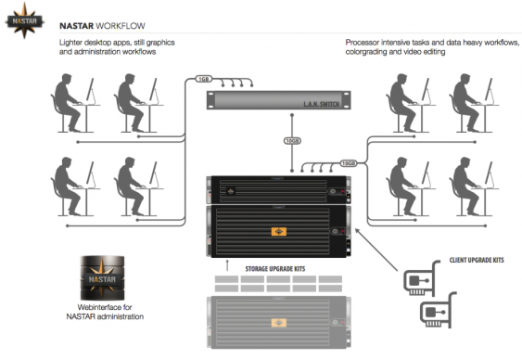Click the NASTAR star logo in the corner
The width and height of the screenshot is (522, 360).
coord(25,20)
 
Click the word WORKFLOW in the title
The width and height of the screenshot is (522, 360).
coord(121,26)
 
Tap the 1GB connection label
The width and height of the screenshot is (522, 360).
coord(203,79)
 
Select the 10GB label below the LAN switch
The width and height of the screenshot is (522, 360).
coord(292,141)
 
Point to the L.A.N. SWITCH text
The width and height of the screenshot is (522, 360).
coord(321,104)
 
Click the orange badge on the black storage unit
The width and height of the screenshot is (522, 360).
coord(279,231)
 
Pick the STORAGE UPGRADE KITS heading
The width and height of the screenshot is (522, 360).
coord(275,269)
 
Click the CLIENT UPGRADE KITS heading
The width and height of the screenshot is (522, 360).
coord(477,260)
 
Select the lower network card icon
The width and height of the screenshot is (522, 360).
coord(438,310)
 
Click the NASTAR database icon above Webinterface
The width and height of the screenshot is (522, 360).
coord(103,278)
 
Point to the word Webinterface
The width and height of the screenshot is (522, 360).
coord(105,307)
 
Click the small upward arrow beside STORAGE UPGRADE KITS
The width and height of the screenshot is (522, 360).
coord(227,265)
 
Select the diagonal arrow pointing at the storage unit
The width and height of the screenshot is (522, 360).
coord(376,250)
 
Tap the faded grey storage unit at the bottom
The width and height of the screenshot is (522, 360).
coord(279,322)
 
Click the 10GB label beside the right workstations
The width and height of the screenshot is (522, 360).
coord(349,163)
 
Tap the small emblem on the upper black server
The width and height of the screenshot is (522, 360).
coord(231,191)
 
